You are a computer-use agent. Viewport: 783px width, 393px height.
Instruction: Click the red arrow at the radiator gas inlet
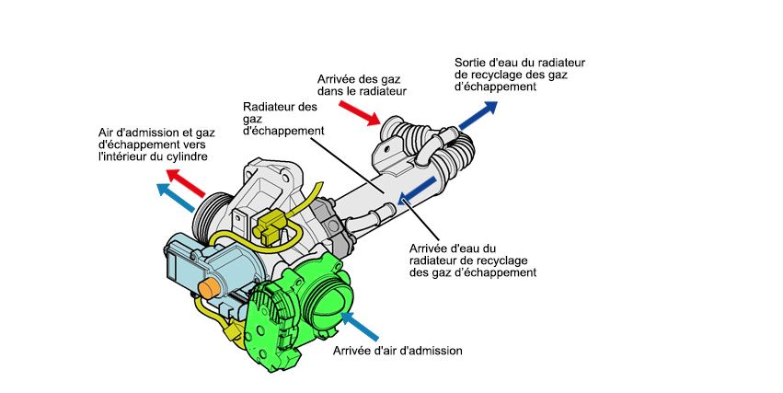(x=360, y=111)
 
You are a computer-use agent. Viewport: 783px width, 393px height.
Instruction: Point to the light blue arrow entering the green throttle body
(x=360, y=323)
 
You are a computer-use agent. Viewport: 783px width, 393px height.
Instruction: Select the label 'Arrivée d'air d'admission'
(x=397, y=350)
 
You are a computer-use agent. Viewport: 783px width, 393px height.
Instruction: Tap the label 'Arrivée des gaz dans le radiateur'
(x=362, y=85)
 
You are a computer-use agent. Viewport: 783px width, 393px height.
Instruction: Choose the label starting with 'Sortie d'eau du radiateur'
(x=520, y=75)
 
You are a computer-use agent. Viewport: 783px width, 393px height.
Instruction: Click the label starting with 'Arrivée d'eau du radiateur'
(x=470, y=260)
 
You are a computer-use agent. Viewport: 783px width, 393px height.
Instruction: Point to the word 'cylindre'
(x=183, y=157)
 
